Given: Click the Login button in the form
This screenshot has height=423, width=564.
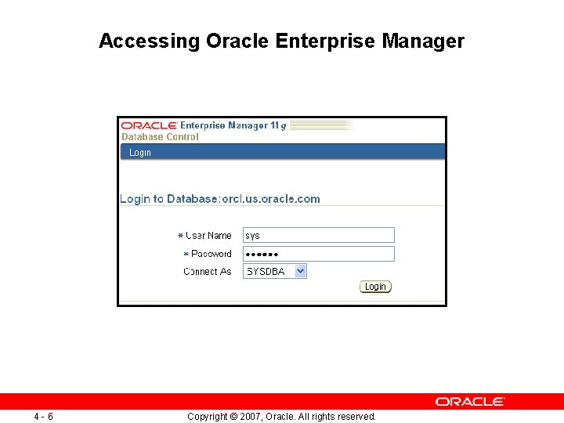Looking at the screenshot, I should pos(375,287).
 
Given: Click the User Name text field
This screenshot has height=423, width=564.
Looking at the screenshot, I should pos(318,235).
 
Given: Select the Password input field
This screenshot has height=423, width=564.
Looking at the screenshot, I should pos(318,254).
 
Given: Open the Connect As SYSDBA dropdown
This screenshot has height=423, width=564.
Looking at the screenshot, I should pos(274,272).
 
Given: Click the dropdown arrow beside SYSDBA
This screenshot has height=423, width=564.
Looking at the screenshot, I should pos(300,272).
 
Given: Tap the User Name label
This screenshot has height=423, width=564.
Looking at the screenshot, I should pos(208,235).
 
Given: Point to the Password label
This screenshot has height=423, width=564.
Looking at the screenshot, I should pos(211,254).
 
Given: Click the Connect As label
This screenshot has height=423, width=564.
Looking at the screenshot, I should pos(208,272).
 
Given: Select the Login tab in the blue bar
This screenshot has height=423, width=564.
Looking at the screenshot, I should pos(140,153).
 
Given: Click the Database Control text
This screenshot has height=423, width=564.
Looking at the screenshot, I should pos(160,137).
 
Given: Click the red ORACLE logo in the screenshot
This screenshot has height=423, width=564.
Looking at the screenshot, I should pos(149,125).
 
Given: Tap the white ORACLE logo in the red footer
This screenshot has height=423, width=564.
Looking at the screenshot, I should pos(470,401).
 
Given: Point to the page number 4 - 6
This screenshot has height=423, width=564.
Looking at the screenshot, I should pos(44,417).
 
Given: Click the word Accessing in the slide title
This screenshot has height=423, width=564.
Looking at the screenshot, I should pos(150,41).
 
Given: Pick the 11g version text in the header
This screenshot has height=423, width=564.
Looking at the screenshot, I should pos(278,125).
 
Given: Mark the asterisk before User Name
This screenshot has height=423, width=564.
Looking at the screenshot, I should pos(180,235).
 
